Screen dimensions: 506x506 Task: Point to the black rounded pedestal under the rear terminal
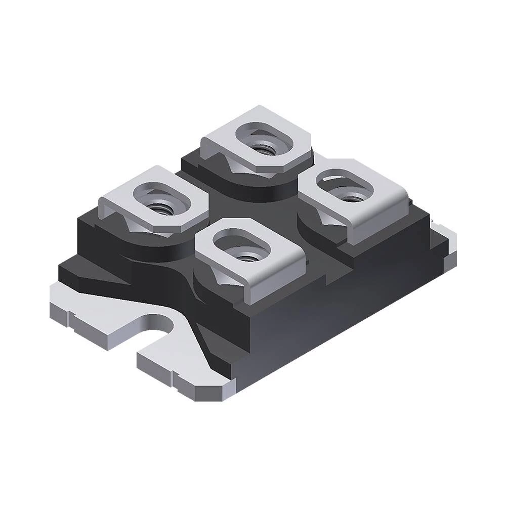pyautogui.click(x=263, y=185)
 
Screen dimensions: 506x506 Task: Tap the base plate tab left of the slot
pyautogui.click(x=91, y=314)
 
